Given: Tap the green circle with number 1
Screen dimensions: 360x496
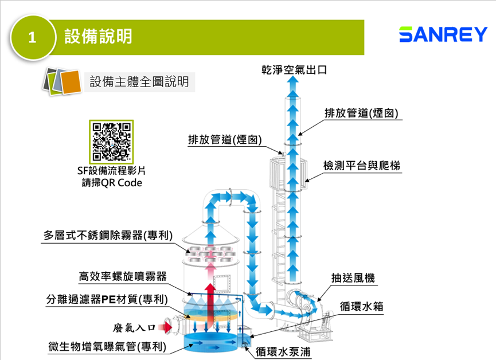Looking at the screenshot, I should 33,38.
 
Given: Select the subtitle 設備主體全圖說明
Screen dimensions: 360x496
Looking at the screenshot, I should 139,81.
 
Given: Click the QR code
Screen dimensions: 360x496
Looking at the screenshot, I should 112,141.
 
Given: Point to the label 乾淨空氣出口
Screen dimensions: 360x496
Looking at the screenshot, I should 294,70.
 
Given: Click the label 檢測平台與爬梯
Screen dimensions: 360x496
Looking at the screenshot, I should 362,166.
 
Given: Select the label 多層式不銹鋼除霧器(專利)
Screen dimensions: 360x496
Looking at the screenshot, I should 108,235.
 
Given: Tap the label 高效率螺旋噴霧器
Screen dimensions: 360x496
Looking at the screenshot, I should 123,276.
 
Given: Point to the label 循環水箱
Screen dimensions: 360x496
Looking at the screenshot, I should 361,306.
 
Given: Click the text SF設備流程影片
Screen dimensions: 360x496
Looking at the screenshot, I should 112,171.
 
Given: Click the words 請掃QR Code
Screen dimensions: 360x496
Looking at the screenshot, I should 112,183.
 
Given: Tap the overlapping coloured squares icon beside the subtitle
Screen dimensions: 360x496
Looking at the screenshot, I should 60,81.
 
